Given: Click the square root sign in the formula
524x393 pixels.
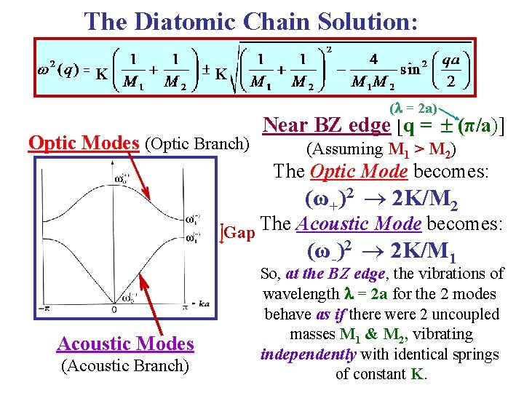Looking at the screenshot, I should (x=239, y=73).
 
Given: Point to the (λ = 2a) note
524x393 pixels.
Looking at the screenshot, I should (x=413, y=108).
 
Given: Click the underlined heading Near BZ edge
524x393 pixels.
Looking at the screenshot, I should (x=326, y=126).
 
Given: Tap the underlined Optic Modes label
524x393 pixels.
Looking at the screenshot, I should (x=84, y=143).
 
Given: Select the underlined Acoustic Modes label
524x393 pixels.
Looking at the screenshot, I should (x=126, y=344).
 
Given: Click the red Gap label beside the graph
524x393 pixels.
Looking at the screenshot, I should (x=239, y=233).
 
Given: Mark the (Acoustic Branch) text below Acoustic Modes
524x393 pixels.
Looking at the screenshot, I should (x=126, y=366).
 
